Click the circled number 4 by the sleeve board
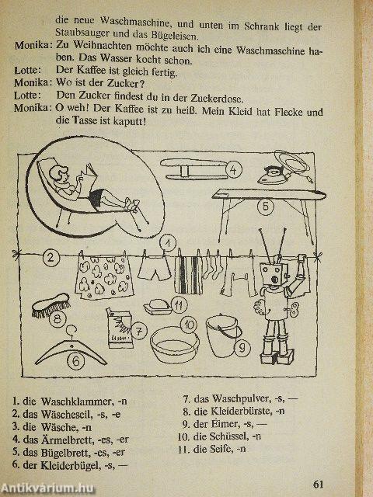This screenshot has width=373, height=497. pos(233,170)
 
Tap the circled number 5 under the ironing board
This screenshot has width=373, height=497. pos(265,207)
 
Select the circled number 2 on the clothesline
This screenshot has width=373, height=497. pos(51,257)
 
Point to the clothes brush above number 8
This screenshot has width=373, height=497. pos(51,304)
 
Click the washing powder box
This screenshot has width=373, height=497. pos(119,328)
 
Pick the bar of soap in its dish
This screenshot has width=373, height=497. pos(157,307)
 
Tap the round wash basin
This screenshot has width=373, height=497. pos(174,345)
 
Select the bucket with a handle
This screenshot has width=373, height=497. pos(223,336)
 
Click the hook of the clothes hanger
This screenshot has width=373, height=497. pos(71,332)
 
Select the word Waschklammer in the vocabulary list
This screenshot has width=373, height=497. pos(76,401)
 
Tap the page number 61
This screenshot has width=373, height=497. pos(318,485)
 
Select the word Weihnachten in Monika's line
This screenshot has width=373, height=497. pos(102,46)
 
